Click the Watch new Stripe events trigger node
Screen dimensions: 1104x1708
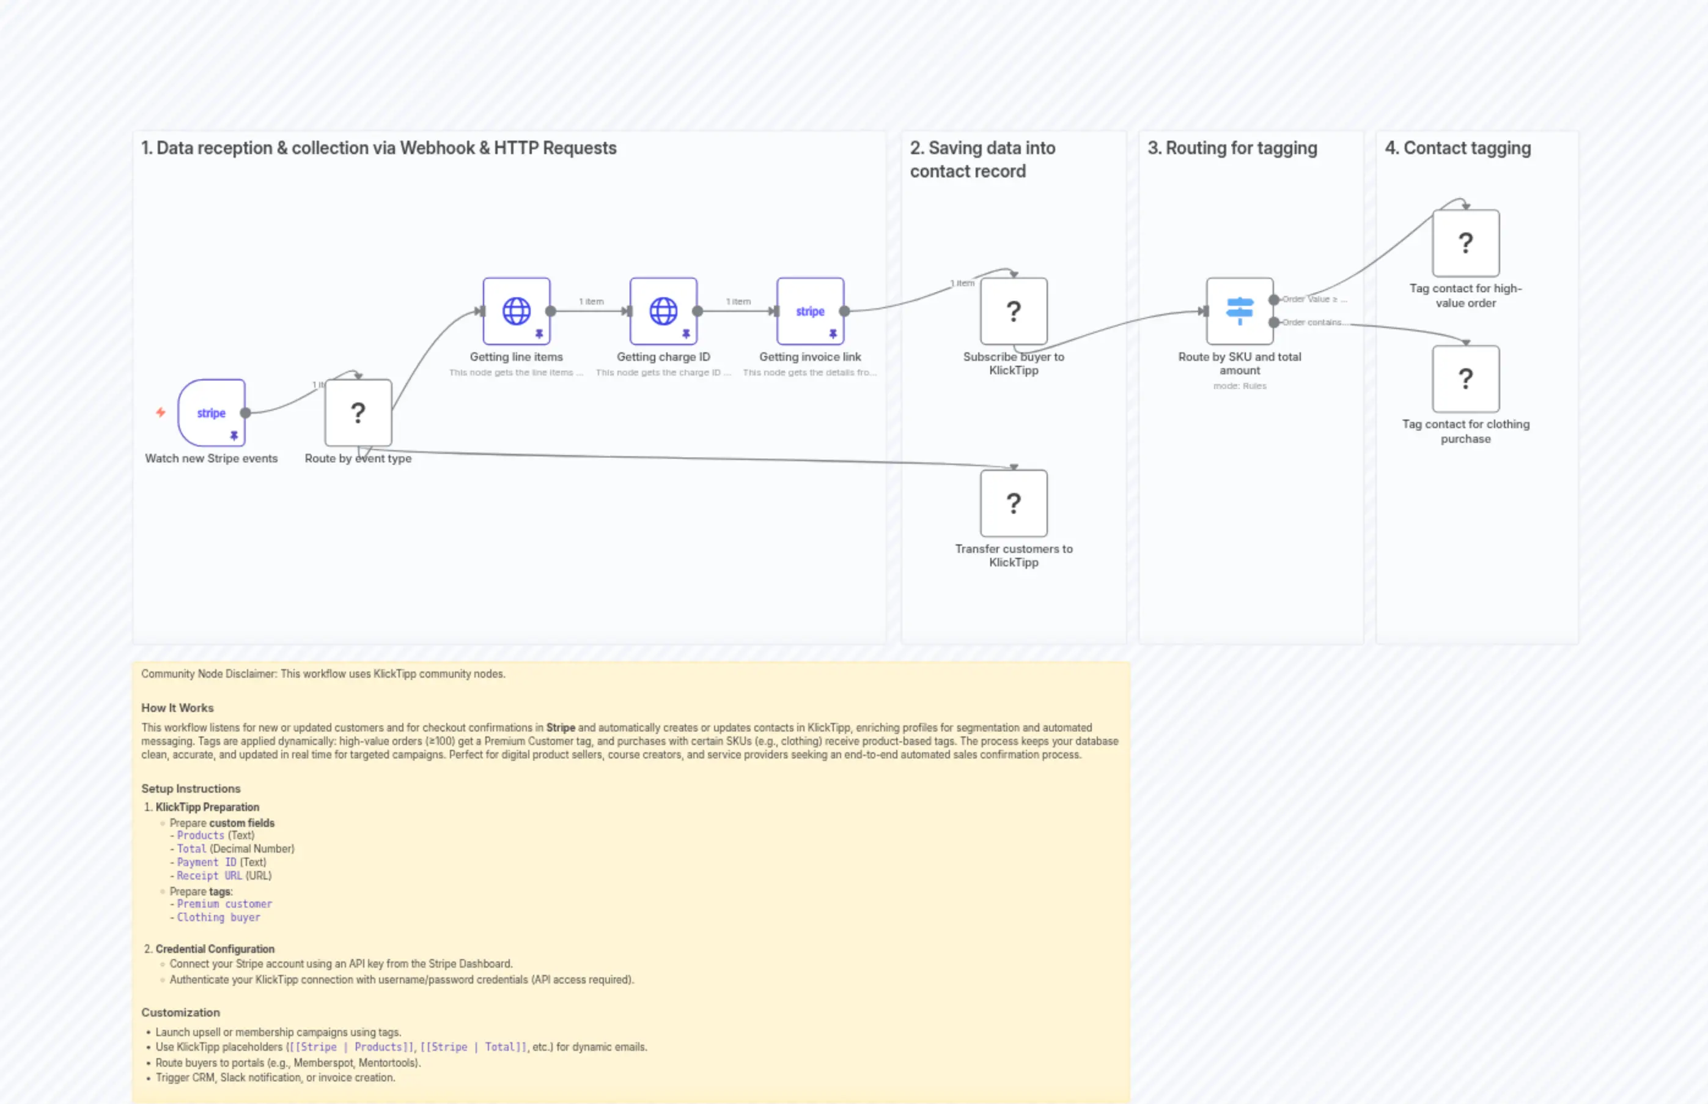tap(212, 413)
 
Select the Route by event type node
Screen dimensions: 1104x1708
tap(358, 413)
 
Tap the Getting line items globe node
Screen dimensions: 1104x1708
tap(516, 311)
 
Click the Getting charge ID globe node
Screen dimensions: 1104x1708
tap(663, 311)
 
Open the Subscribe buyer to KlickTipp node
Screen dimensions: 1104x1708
tap(1013, 311)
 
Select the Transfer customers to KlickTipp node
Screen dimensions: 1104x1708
tap(1013, 503)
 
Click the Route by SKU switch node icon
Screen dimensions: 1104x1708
tap(1240, 311)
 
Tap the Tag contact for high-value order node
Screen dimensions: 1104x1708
tap(1465, 243)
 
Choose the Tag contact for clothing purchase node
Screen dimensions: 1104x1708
tap(1465, 379)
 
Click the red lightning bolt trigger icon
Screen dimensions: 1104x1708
tap(161, 412)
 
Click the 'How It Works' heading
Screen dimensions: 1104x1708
tap(177, 708)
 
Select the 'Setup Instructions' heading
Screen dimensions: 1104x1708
tap(191, 788)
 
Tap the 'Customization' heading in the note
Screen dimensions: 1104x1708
tap(180, 1012)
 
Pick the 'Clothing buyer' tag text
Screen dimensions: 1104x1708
tap(218, 917)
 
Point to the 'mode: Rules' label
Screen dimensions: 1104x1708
tap(1240, 386)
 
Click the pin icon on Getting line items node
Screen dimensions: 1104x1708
tap(539, 334)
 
